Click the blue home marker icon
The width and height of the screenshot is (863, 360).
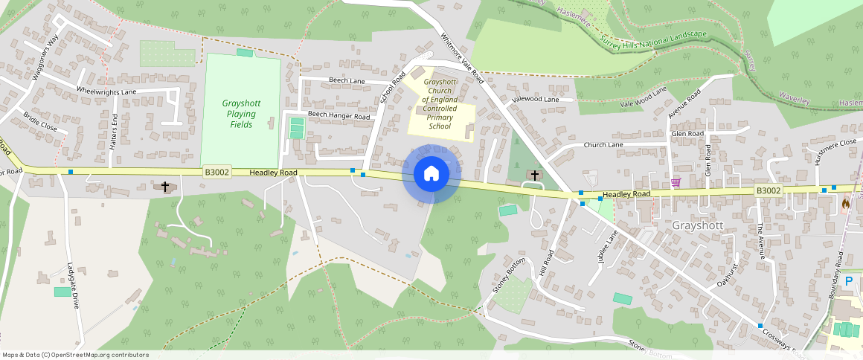(431, 174)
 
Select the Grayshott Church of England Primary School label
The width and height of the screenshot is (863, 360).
(440, 103)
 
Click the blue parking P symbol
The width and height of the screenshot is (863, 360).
(849, 281)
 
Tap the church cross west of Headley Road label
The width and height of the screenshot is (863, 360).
(165, 186)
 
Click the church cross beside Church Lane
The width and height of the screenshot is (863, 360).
(534, 175)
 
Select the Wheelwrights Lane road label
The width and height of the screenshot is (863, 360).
(106, 91)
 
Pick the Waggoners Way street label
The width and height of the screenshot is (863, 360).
(43, 55)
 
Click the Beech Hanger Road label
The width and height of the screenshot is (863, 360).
(339, 116)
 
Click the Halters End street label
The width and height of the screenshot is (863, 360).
(115, 132)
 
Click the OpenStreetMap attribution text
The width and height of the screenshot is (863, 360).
(75, 355)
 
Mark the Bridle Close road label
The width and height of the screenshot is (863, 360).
(40, 122)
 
